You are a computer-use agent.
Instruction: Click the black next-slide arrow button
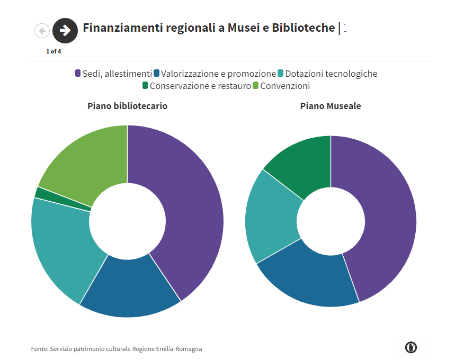(65, 31)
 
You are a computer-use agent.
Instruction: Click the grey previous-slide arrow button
(42, 31)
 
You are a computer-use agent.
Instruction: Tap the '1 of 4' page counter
(53, 51)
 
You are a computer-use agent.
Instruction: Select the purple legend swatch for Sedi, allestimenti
(78, 74)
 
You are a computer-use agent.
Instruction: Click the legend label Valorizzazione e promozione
(218, 74)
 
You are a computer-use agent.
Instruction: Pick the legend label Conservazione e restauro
(200, 86)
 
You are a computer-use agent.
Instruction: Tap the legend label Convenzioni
(285, 86)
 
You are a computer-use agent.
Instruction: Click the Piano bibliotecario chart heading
(127, 106)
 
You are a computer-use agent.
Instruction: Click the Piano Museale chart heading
(331, 106)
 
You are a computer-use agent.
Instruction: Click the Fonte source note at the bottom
(117, 349)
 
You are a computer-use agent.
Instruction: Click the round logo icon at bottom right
(411, 347)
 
